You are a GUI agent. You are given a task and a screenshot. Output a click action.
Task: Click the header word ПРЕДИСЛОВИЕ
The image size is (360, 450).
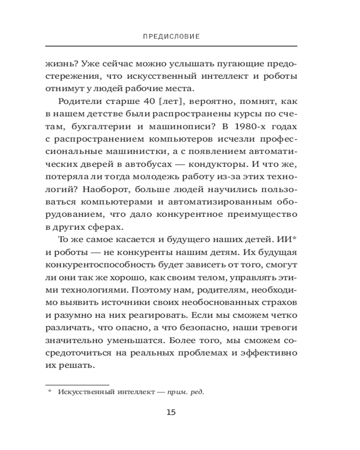point(171,36)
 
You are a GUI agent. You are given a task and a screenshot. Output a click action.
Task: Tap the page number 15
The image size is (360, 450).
point(171,412)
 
